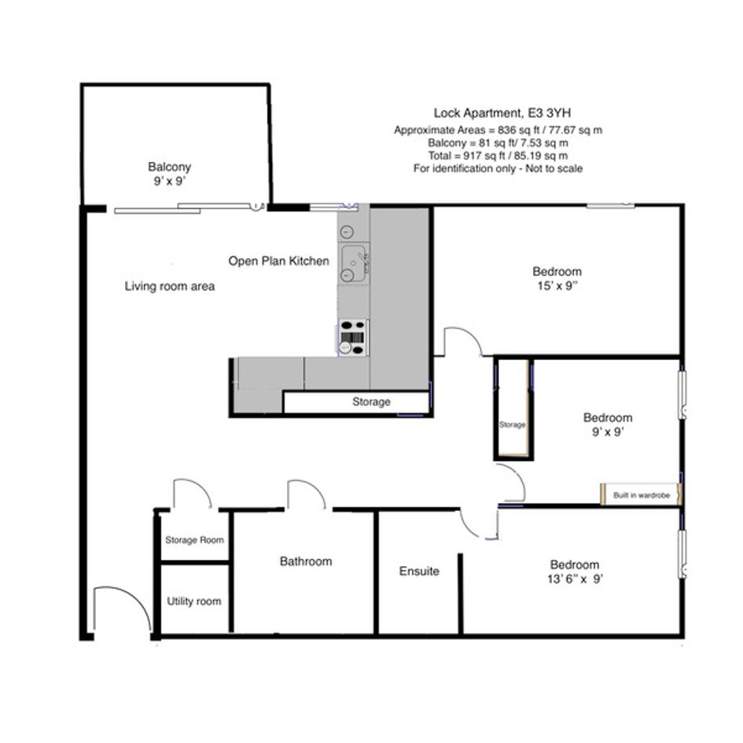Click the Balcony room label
pyautogui.click(x=169, y=167)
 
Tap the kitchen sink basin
pyautogui.click(x=354, y=263)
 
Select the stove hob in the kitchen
pyautogui.click(x=353, y=337)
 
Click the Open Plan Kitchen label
pyautogui.click(x=278, y=261)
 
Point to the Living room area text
pyautogui.click(x=170, y=286)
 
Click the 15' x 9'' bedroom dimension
pyautogui.click(x=557, y=285)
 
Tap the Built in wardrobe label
pyautogui.click(x=642, y=495)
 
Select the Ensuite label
pyautogui.click(x=419, y=571)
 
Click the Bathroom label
pyautogui.click(x=306, y=561)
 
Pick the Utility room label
pyautogui.click(x=193, y=601)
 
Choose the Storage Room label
pyautogui.click(x=194, y=540)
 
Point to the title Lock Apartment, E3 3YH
pyautogui.click(x=502, y=113)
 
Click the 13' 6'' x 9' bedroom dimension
pyautogui.click(x=575, y=579)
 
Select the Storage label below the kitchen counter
pyautogui.click(x=371, y=402)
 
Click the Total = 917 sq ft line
pyautogui.click(x=498, y=156)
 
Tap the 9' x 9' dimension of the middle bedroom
pyautogui.click(x=608, y=432)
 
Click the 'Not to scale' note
pyautogui.click(x=554, y=169)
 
